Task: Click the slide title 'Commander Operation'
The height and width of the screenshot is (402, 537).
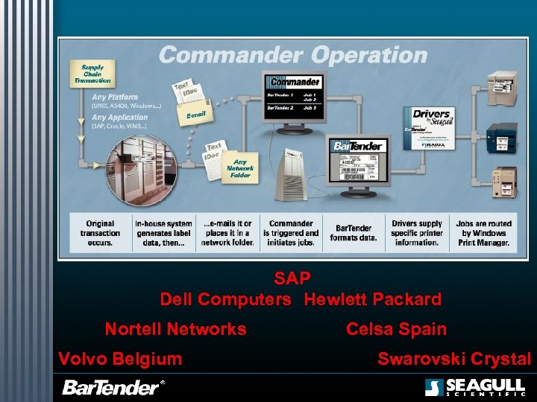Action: [292, 55]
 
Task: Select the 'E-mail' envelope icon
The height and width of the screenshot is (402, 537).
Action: [195, 115]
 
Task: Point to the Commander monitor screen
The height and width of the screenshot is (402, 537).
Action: [294, 95]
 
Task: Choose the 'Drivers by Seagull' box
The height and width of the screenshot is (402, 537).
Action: [431, 128]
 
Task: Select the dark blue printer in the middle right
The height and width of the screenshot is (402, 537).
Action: [500, 135]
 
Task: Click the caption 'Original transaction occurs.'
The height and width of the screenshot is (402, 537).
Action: [100, 233]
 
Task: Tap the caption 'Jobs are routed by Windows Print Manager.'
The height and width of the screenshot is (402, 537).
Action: [485, 233]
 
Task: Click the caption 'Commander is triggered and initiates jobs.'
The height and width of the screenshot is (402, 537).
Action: [291, 233]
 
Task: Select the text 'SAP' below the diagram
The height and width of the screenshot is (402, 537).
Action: [292, 279]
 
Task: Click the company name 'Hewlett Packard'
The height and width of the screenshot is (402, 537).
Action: [373, 299]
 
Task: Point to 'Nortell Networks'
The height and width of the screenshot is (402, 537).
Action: [175, 329]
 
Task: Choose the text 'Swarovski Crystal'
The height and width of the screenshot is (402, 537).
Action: [454, 359]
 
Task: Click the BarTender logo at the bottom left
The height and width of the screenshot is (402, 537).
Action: [112, 387]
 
